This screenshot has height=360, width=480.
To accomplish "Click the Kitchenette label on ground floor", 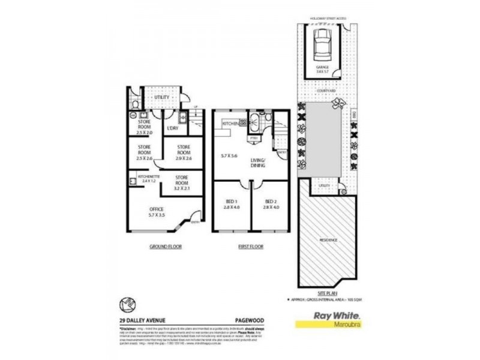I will pyautogui.click(x=148, y=178).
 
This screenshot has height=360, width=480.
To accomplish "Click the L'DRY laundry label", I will pyautogui.click(x=173, y=128).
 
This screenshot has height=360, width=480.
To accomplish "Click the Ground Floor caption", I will pyautogui.click(x=166, y=247).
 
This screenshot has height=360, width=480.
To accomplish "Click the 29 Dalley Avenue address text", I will pyautogui.click(x=143, y=320).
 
